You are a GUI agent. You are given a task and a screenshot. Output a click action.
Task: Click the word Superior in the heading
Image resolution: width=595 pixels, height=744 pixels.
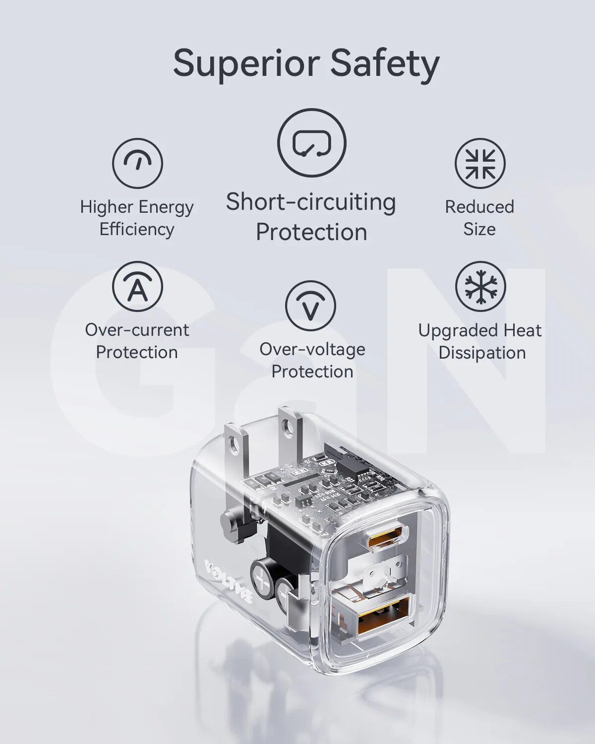click(x=246, y=64)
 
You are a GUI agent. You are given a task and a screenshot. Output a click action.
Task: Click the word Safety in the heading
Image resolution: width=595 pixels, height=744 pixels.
click(x=385, y=64)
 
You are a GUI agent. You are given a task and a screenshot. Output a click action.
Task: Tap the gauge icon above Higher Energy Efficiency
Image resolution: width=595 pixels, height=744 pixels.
click(x=137, y=163)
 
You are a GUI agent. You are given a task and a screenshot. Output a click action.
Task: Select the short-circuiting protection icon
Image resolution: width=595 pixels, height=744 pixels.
click(x=311, y=143)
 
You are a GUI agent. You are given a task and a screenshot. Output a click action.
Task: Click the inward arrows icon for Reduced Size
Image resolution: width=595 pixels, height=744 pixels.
click(x=480, y=163)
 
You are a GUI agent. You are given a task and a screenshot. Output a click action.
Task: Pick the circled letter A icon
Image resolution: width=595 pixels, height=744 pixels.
click(x=137, y=287)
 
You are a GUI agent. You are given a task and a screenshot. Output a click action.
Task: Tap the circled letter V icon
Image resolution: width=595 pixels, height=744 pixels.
click(x=311, y=306)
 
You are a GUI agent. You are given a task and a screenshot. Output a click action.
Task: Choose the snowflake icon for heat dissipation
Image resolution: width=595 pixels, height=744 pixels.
click(x=480, y=287)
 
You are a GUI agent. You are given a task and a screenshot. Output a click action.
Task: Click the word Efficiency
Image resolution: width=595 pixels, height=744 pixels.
click(x=137, y=230)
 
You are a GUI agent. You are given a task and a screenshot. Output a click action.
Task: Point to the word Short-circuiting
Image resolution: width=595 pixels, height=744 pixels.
click(x=311, y=202)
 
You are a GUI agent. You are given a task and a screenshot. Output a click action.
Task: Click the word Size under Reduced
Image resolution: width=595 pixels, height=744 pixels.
click(x=479, y=229)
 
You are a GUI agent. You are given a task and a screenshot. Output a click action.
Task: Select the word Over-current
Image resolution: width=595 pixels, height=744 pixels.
click(x=137, y=330)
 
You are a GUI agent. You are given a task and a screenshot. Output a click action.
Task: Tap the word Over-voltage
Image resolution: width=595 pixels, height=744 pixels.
click(x=312, y=349)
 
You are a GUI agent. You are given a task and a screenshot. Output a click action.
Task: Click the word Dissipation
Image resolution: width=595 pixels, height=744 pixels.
click(x=482, y=353)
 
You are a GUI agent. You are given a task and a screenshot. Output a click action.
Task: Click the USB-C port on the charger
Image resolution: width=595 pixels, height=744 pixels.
click(x=387, y=538)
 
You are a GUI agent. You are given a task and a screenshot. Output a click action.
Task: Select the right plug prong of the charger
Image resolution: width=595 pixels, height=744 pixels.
click(x=290, y=432)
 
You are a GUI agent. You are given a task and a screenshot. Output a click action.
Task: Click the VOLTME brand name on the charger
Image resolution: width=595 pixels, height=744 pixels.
click(x=229, y=581)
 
